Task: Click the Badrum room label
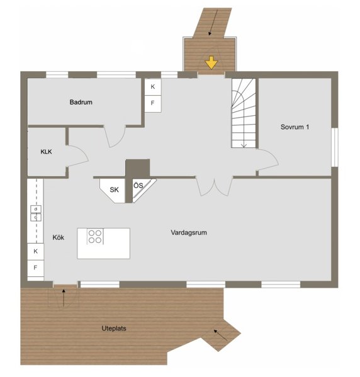coord(81,102)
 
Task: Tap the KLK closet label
coord(46,152)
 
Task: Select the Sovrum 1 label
coord(295,127)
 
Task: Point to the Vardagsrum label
coord(189,232)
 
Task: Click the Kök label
coord(58,237)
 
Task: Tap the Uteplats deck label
coord(114,329)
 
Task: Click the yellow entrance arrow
coord(211,63)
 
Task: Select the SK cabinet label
coord(114,189)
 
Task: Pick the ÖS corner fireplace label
coord(138,186)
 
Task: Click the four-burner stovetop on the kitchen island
coord(95,237)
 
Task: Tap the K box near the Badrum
coord(153,87)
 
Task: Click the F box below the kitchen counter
coord(35,268)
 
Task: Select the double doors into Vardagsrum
coord(214,186)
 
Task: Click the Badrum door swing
coord(115,136)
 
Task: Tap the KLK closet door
coord(77,156)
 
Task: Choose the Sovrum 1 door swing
coord(267,160)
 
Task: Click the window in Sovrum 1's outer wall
coord(334,147)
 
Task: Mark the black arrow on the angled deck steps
coord(220,335)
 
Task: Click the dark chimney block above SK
coord(138,168)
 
